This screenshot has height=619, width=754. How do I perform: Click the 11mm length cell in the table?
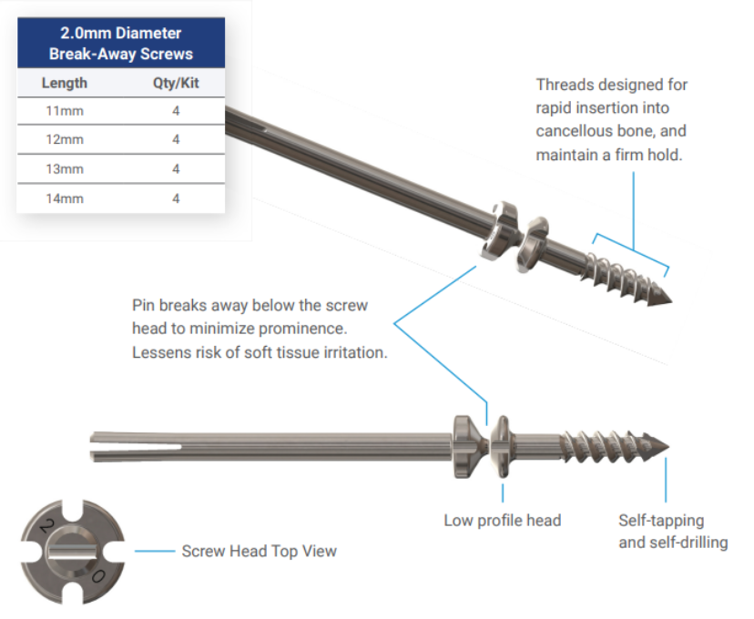[64, 110]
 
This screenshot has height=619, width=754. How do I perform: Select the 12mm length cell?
[64, 139]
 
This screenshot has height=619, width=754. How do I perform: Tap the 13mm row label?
[64, 169]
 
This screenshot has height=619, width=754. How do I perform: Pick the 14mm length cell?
[64, 198]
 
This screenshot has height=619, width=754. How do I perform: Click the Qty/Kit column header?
[176, 83]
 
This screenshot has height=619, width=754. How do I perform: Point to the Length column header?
[65, 83]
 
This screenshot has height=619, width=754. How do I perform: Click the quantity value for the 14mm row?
[176, 198]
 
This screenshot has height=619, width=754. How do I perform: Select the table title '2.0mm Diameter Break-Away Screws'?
[120, 45]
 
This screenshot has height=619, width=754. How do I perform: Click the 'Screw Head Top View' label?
[259, 551]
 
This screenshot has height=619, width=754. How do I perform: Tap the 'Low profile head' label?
[502, 521]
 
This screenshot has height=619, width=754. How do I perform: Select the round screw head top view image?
[74, 551]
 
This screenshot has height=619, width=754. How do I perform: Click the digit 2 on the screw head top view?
[42, 526]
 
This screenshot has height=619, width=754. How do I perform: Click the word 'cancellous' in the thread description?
[572, 132]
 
